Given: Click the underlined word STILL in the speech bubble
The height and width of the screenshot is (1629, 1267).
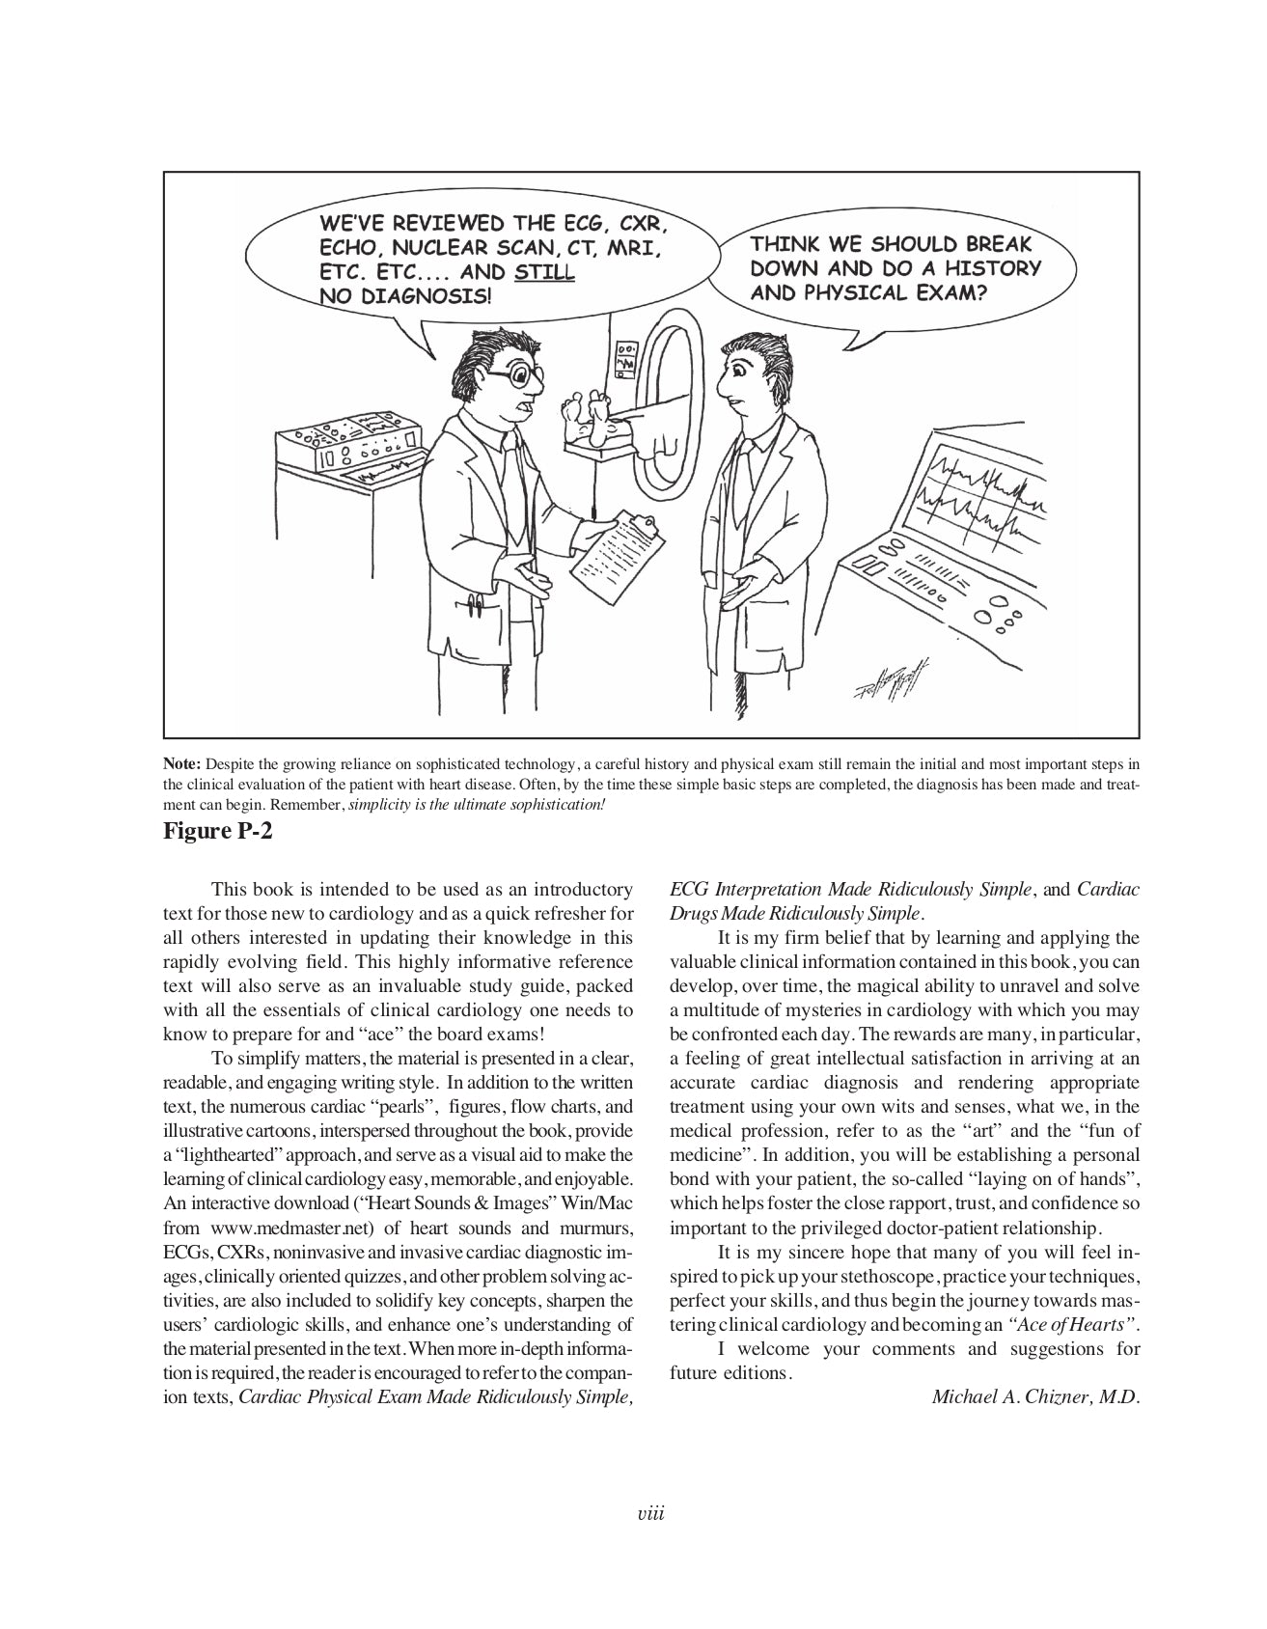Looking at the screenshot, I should point(545,272).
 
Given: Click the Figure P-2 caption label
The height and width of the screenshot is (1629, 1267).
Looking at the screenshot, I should point(218,830).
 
